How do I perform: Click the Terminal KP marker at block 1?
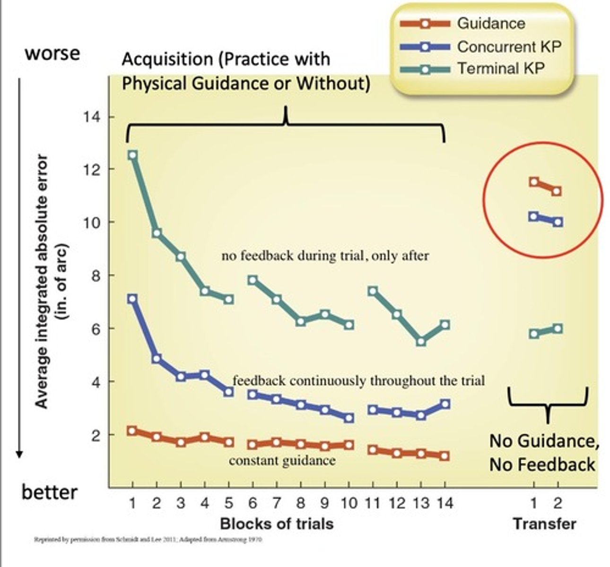[133, 155]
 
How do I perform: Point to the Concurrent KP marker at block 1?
[132, 299]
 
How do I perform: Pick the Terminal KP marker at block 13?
[421, 341]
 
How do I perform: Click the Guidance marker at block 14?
[444, 456]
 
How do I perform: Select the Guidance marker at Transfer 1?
[534, 182]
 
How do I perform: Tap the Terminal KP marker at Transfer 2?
[558, 328]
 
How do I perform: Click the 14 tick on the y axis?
[93, 117]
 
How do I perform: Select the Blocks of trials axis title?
[277, 524]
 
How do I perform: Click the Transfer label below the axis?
[544, 524]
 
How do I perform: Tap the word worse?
[52, 53]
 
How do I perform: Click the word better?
[50, 492]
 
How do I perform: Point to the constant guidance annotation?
[282, 461]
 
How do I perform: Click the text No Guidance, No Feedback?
[543, 453]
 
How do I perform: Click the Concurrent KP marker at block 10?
[349, 418]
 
